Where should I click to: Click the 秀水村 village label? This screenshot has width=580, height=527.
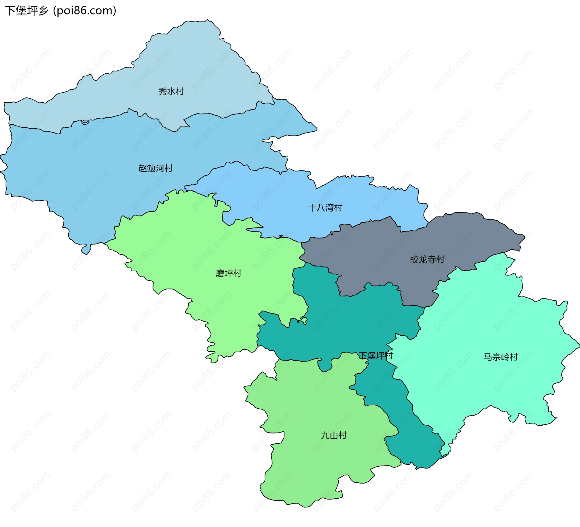pyautogui.click(x=171, y=91)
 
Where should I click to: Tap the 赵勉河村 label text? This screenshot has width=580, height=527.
pyautogui.click(x=155, y=168)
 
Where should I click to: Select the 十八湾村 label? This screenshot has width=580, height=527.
pyautogui.click(x=325, y=208)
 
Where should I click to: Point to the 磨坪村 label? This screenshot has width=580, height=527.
pyautogui.click(x=228, y=273)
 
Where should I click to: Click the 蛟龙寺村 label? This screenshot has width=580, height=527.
pyautogui.click(x=427, y=259)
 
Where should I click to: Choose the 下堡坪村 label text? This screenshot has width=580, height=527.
pyautogui.click(x=375, y=356)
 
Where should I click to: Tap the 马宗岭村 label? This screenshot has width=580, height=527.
pyautogui.click(x=501, y=357)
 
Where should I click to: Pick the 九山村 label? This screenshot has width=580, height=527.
pyautogui.click(x=333, y=435)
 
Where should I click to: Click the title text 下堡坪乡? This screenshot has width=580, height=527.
pyautogui.click(x=27, y=11)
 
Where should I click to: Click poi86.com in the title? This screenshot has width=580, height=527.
pyautogui.click(x=85, y=11)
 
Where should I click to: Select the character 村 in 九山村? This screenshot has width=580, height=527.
pyautogui.click(x=342, y=435)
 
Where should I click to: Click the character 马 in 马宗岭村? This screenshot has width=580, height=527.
pyautogui.click(x=488, y=357)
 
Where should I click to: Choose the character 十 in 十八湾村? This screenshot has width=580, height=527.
pyautogui.click(x=312, y=208)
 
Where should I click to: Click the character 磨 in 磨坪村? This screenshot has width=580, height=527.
pyautogui.click(x=220, y=273)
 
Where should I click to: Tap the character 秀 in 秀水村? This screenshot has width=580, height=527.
pyautogui.click(x=163, y=91)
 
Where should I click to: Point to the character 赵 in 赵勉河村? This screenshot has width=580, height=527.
pyautogui.click(x=143, y=168)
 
